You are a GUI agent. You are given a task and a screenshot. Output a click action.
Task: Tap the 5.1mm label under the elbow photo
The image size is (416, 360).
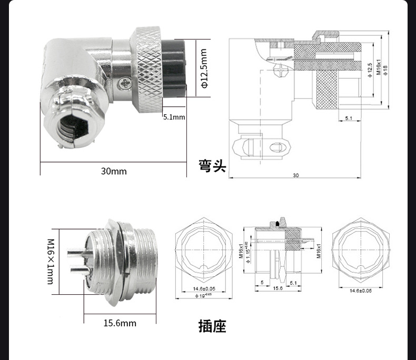(174, 117)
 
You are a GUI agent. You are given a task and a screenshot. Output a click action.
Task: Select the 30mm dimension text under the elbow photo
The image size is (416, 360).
(114, 171)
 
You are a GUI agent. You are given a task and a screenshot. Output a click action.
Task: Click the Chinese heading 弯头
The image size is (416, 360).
(212, 166)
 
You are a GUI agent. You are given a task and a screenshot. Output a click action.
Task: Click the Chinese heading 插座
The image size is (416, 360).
(212, 326)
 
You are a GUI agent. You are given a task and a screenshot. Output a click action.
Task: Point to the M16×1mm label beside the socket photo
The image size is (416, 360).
(51, 262)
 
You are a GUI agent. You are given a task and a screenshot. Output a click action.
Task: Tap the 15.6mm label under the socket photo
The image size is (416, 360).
(120, 323)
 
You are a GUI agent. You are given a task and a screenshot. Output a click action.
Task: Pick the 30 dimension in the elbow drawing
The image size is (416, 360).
(295, 175)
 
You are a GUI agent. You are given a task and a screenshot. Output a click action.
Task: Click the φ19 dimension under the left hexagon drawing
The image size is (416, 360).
(202, 296)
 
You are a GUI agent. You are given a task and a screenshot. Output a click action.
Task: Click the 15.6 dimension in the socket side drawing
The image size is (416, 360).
(278, 288)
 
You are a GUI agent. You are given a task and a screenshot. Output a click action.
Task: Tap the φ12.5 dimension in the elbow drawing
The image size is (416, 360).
(370, 68)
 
